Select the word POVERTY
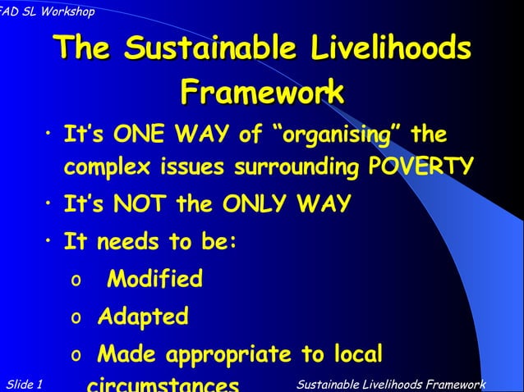pyautogui.click(x=421, y=167)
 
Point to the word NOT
pyautogui.click(x=144, y=203)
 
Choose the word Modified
pyautogui.click(x=155, y=280)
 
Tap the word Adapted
pyautogui.click(x=143, y=316)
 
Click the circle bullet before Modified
pyautogui.click(x=76, y=280)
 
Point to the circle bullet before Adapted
pyautogui.click(x=76, y=317)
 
